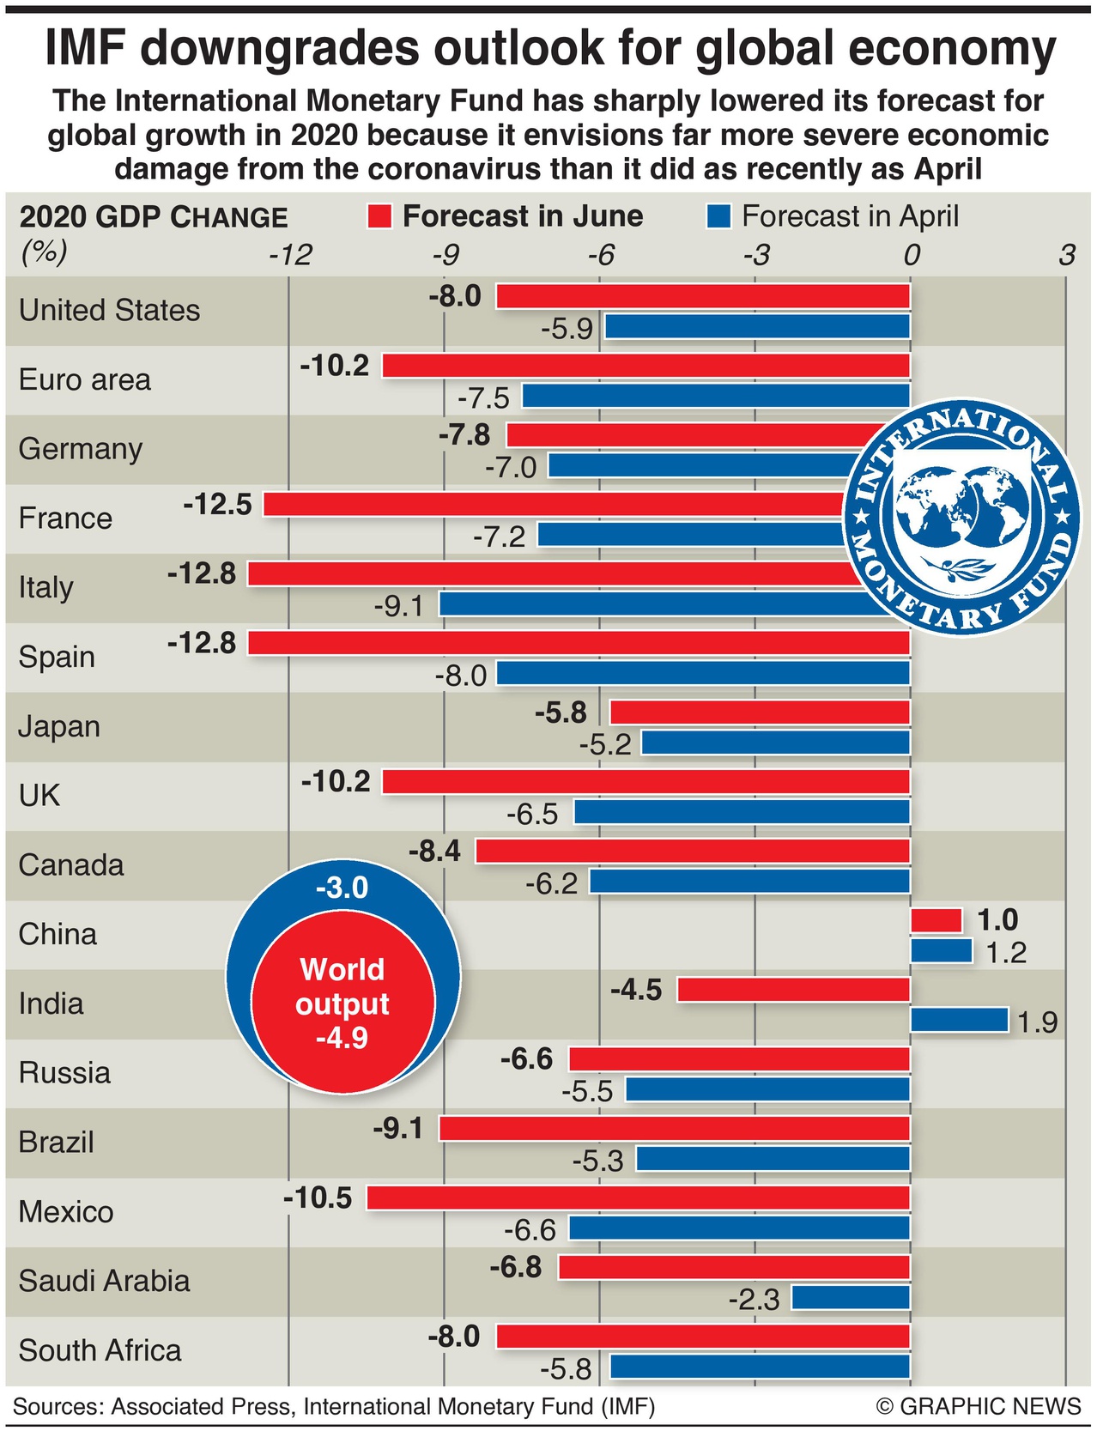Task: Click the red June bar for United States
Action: click(x=702, y=297)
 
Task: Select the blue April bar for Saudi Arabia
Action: click(x=850, y=1297)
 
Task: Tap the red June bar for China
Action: click(x=936, y=920)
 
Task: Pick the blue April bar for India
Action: click(x=958, y=1020)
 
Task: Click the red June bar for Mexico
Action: click(x=638, y=1198)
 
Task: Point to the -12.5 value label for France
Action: click(x=217, y=505)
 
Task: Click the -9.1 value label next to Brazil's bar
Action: click(x=398, y=1128)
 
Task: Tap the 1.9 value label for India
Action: click(x=1037, y=1022)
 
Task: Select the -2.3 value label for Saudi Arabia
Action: click(x=754, y=1300)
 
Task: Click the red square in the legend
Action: click(x=379, y=216)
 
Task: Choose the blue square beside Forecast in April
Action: click(x=718, y=216)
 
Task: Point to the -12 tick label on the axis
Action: click(x=290, y=255)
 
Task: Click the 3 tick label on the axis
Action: click(x=1066, y=255)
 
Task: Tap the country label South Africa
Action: click(x=100, y=1350)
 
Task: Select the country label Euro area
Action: click(x=84, y=379)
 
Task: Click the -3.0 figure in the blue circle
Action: click(x=342, y=888)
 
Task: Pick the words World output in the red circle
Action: click(x=342, y=986)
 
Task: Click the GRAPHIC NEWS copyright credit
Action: click(x=978, y=1406)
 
